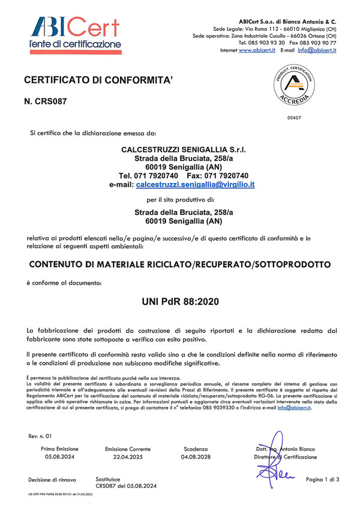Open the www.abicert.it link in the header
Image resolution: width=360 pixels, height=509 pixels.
[253, 51]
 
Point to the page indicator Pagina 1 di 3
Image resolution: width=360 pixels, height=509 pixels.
[323, 479]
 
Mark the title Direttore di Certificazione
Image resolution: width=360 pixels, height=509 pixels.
[285, 457]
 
